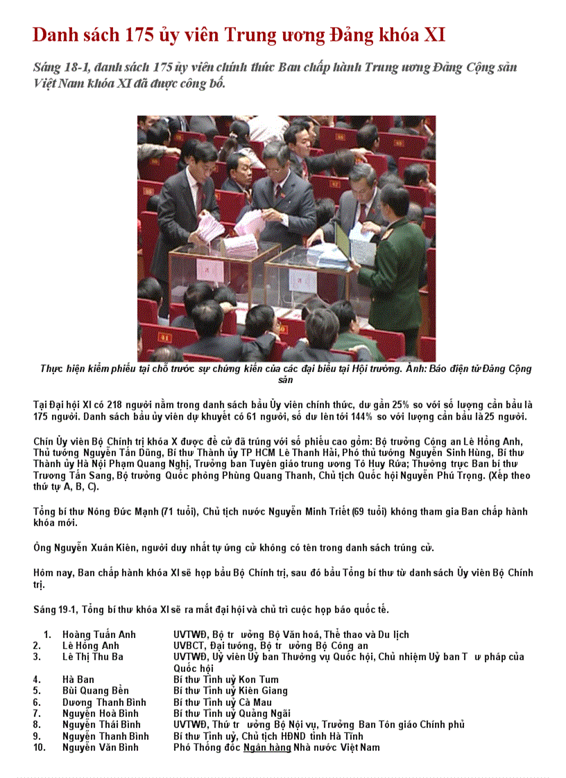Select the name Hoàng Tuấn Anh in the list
[x=99, y=635]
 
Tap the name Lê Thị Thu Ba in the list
[x=93, y=657]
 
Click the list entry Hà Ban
[x=78, y=680]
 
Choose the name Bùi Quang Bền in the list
[x=96, y=691]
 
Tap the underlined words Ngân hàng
[x=267, y=748]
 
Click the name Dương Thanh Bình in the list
[x=104, y=702]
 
